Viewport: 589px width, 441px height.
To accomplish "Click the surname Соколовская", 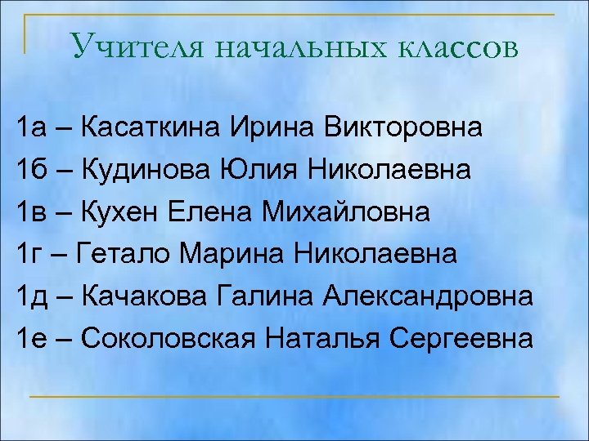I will [x=169, y=337].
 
